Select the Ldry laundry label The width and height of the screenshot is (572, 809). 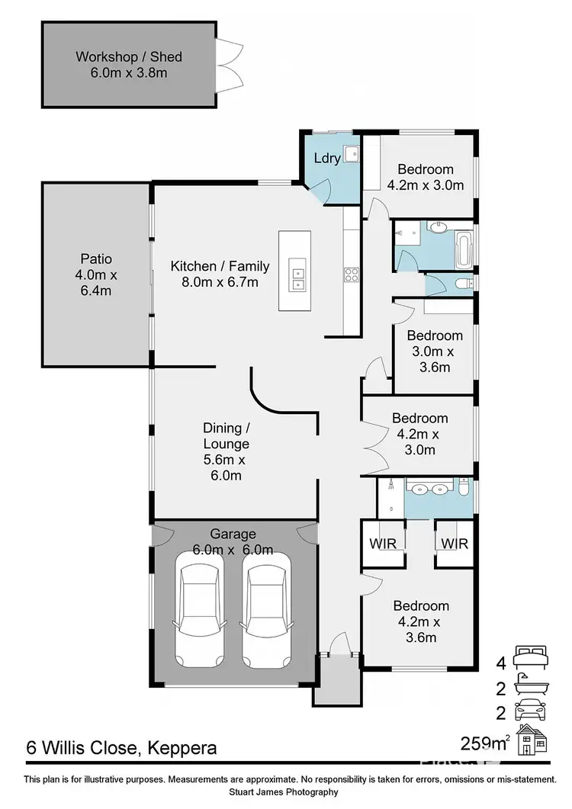(326, 159)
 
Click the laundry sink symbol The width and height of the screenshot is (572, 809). (351, 155)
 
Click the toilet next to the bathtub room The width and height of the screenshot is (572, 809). (462, 284)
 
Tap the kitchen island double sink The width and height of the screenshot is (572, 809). (297, 279)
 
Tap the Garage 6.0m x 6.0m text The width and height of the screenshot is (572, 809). (233, 542)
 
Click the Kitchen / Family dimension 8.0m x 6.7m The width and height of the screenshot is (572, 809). (220, 282)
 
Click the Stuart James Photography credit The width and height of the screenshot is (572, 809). (286, 792)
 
